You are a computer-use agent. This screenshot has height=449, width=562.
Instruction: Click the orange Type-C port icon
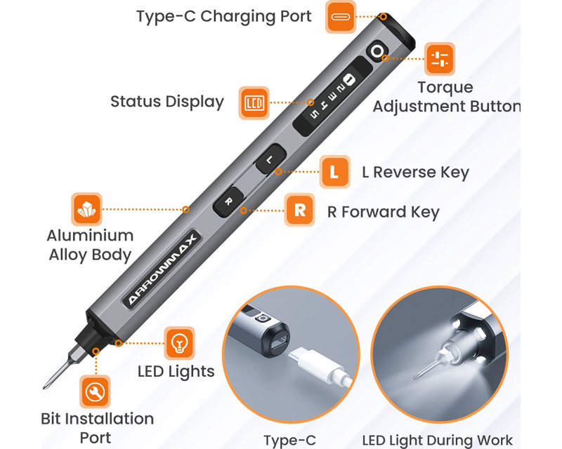[x=341, y=17]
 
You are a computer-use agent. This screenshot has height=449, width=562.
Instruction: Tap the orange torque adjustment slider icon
[x=440, y=59]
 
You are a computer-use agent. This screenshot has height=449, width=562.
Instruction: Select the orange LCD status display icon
[x=254, y=102]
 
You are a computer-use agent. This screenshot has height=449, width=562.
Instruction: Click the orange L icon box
[x=335, y=172]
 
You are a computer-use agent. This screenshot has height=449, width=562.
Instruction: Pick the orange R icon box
[x=300, y=210]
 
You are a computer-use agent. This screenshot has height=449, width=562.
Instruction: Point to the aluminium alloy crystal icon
[x=87, y=209]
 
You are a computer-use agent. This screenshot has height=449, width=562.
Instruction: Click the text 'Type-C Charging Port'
[x=223, y=16]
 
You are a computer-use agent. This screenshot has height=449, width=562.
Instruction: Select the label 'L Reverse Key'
[x=415, y=173]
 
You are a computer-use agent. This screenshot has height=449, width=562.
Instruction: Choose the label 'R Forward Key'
[x=383, y=212]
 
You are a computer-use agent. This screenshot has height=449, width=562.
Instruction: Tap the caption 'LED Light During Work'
[x=437, y=440]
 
